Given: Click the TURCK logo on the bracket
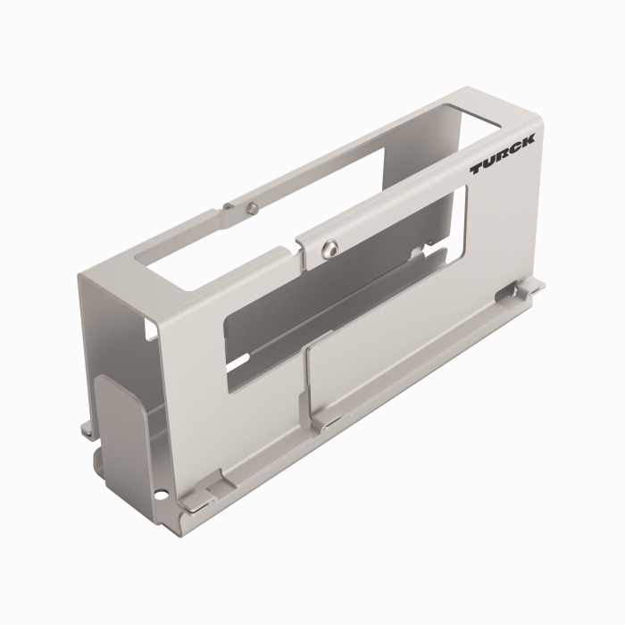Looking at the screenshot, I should pyautogui.click(x=503, y=154).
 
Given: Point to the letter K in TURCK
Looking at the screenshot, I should pyautogui.click(x=528, y=141).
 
